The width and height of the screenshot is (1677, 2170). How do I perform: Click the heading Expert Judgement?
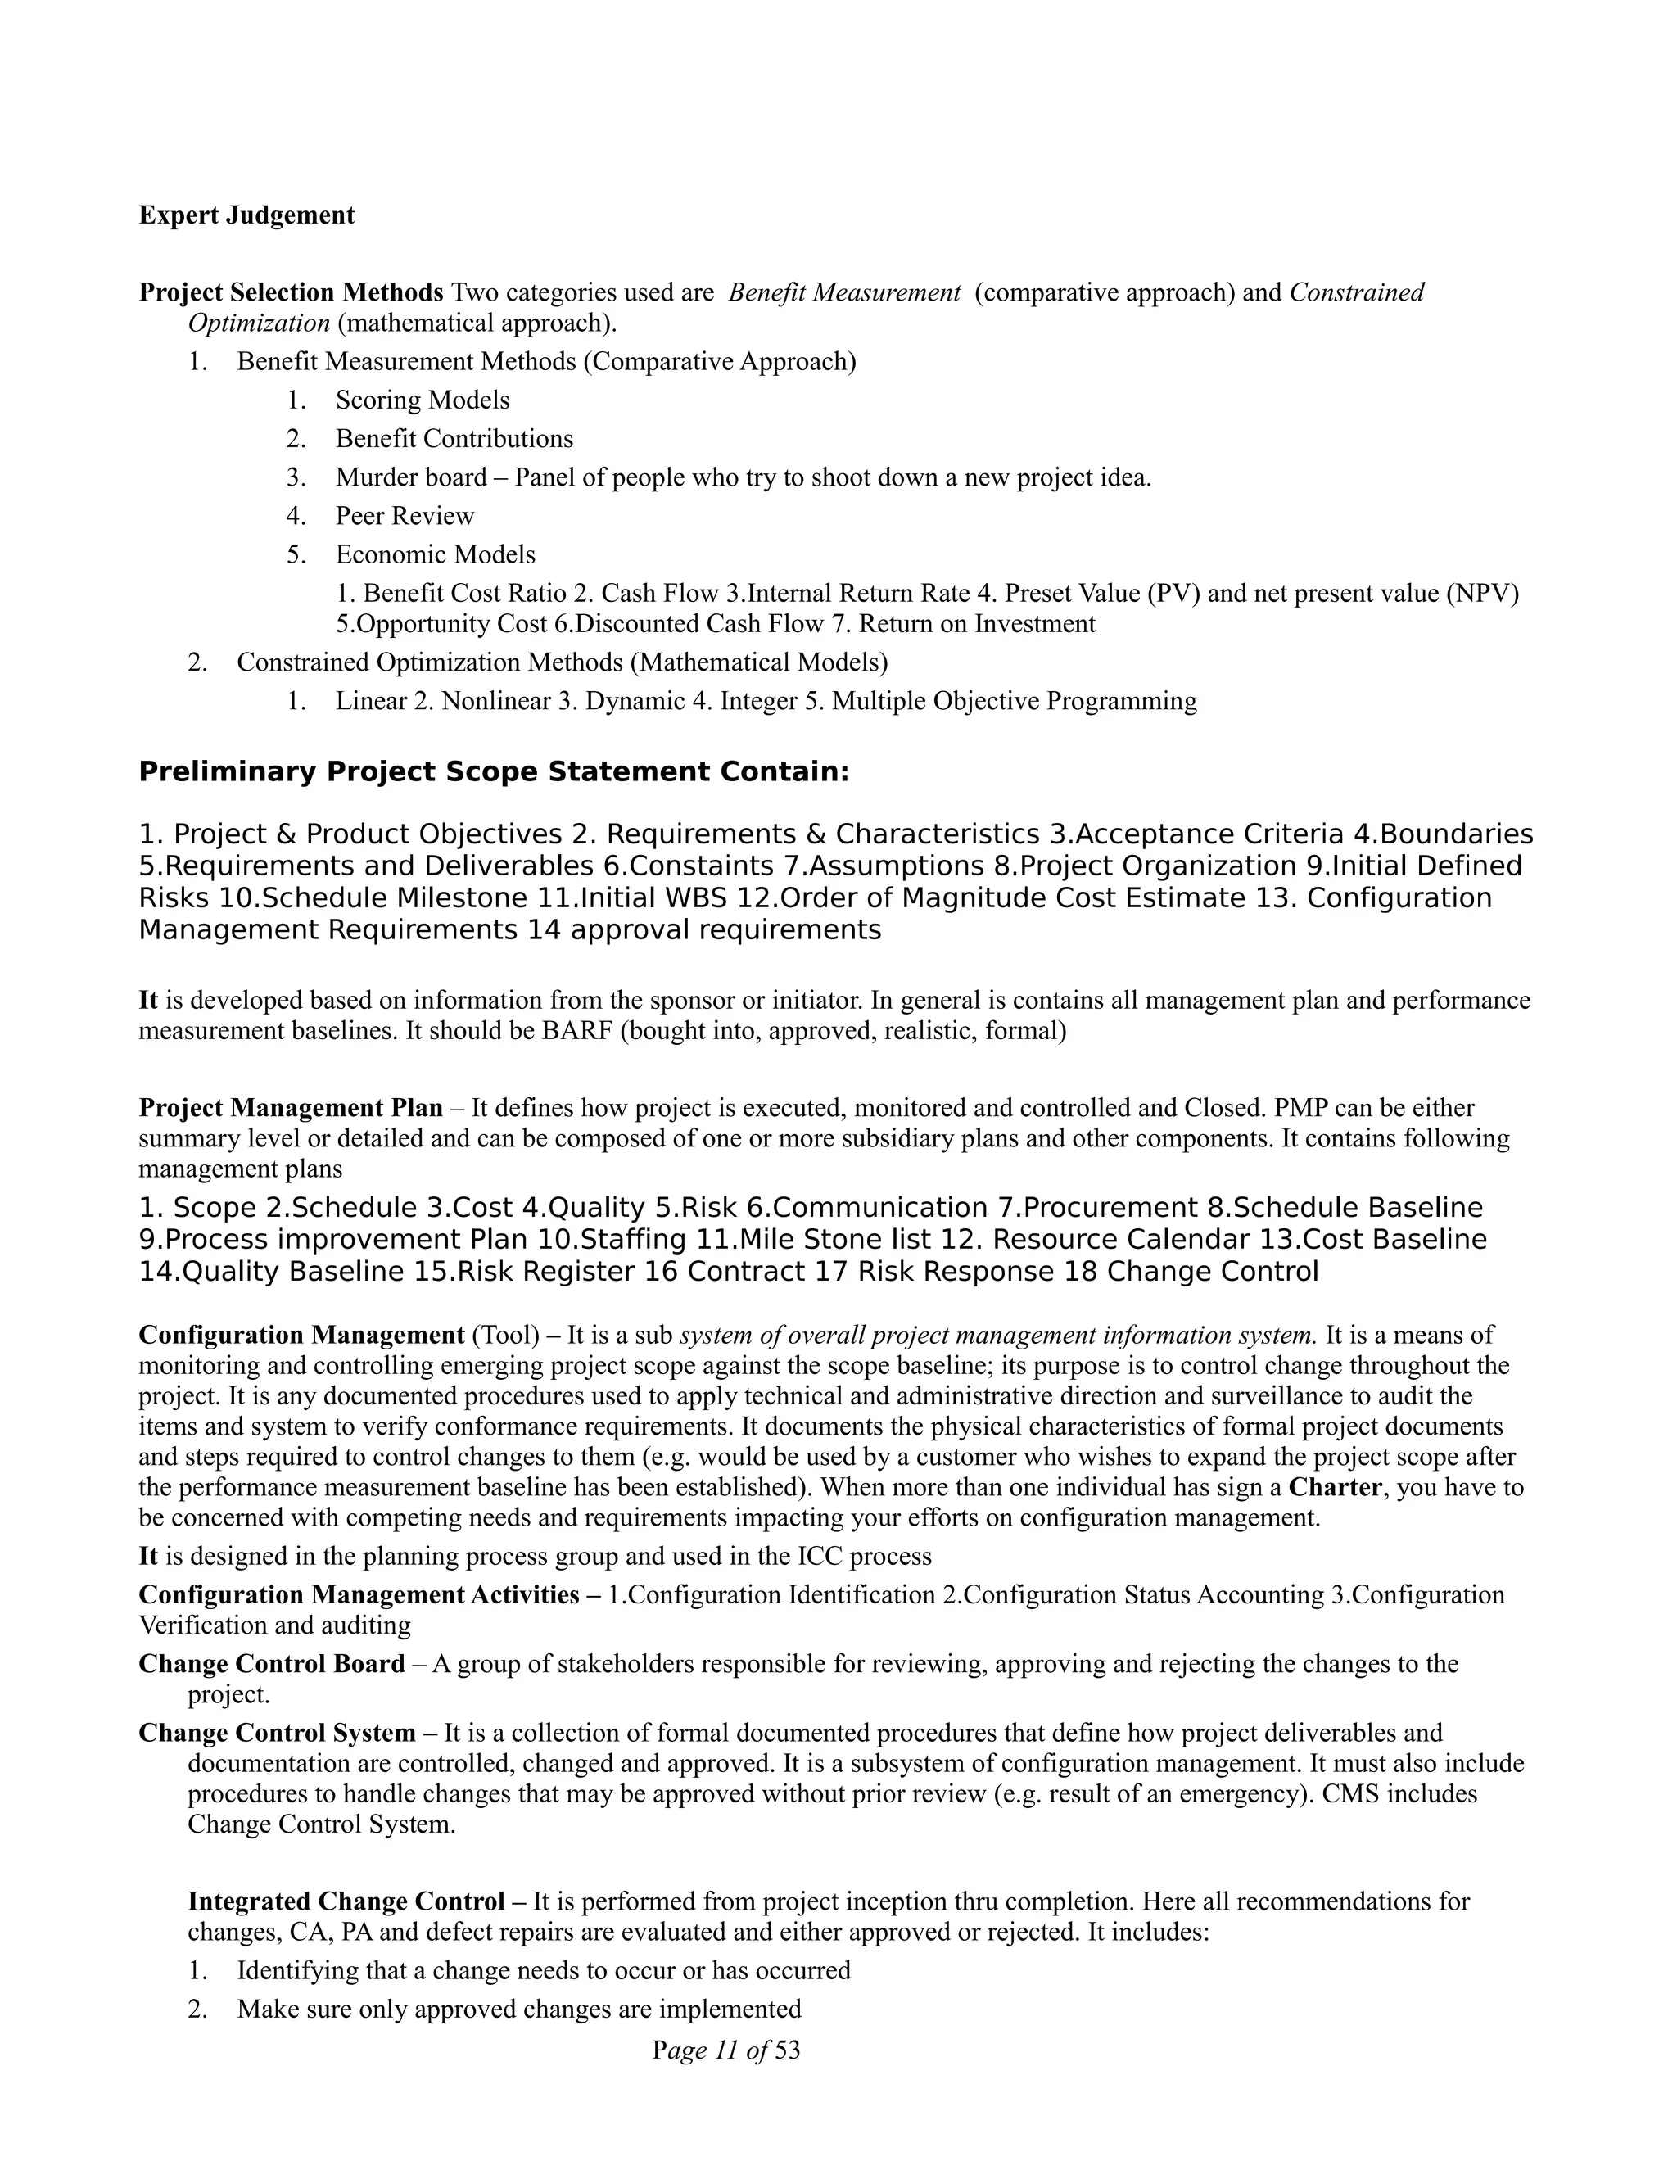[x=246, y=215]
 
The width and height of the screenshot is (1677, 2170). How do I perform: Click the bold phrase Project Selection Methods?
[x=290, y=293]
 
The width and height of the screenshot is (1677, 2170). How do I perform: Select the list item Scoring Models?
[x=423, y=400]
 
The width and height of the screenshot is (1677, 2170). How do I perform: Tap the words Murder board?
[x=410, y=478]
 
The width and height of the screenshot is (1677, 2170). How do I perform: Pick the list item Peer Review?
[x=405, y=516]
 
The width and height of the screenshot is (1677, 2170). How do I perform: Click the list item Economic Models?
[x=435, y=554]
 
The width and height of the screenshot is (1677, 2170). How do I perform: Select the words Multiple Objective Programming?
[x=1015, y=702]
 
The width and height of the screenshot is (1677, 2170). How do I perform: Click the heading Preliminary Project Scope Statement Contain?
[x=494, y=772]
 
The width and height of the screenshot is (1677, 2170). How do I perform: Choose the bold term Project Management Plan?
[x=290, y=1108]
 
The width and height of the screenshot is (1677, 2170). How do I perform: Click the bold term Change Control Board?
[x=271, y=1664]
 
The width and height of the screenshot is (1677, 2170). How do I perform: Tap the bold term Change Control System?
[x=276, y=1734]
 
